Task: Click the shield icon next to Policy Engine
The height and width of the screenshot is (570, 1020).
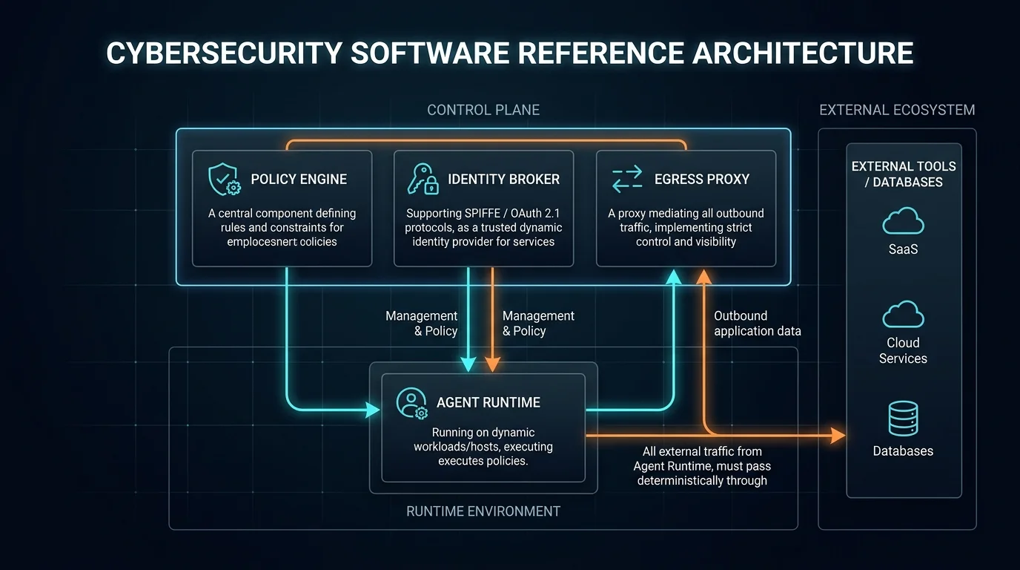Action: [x=224, y=179]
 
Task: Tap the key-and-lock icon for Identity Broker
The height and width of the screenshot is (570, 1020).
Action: [x=423, y=179]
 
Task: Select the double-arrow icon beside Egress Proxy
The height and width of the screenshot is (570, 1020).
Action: [x=627, y=179]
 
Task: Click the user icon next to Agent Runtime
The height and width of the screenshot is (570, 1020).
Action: [x=411, y=403]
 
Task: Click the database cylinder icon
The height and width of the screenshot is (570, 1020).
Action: [x=903, y=419]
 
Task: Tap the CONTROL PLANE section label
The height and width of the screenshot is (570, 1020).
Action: [x=483, y=110]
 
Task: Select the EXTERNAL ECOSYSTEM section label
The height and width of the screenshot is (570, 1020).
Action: [x=897, y=110]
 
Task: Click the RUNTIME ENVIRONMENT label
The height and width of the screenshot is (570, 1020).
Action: [x=483, y=511]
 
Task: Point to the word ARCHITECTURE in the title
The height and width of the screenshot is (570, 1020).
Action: [x=802, y=53]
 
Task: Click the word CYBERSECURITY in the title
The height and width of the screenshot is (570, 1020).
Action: [x=224, y=53]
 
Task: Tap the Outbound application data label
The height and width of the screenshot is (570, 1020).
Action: [x=758, y=324]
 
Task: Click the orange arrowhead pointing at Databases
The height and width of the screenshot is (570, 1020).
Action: [x=838, y=436]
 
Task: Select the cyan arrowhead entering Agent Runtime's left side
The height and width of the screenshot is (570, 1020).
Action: [x=373, y=410]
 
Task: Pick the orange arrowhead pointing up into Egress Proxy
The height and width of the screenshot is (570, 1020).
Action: [x=704, y=277]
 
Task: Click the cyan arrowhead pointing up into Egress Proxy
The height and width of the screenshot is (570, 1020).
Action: [x=674, y=277]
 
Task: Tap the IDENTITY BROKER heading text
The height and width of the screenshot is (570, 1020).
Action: [x=503, y=179]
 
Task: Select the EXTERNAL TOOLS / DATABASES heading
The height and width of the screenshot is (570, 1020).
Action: [x=904, y=174]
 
